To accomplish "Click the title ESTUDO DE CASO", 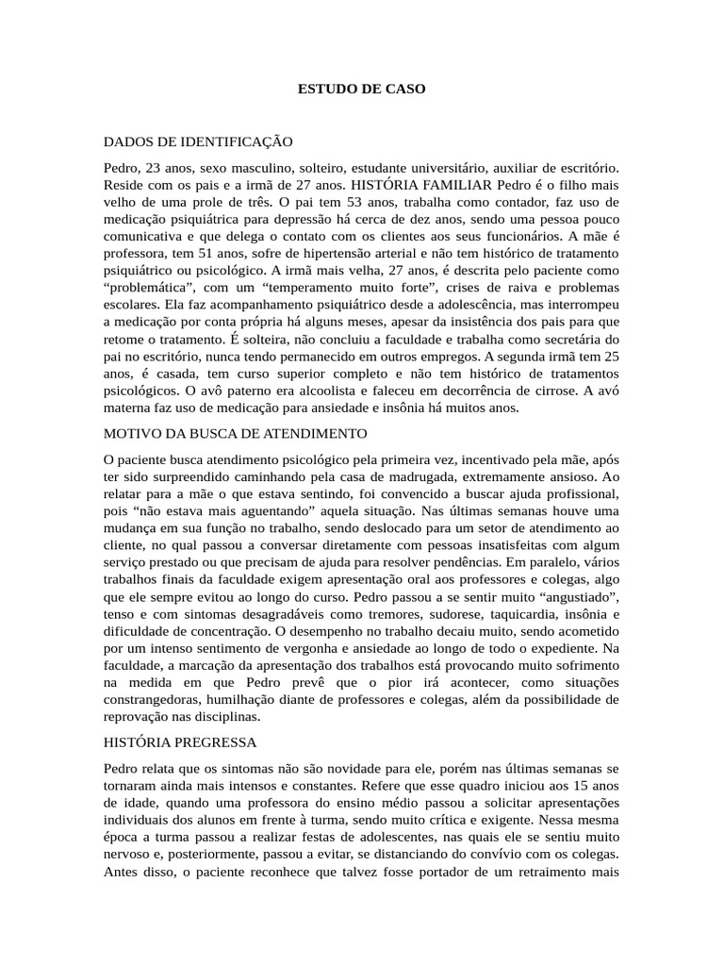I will coord(362,90).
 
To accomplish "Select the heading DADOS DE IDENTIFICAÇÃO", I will coord(199,142).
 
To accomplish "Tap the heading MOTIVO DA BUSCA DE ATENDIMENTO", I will coord(236,433).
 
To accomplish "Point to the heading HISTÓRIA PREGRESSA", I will coord(180,742).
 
